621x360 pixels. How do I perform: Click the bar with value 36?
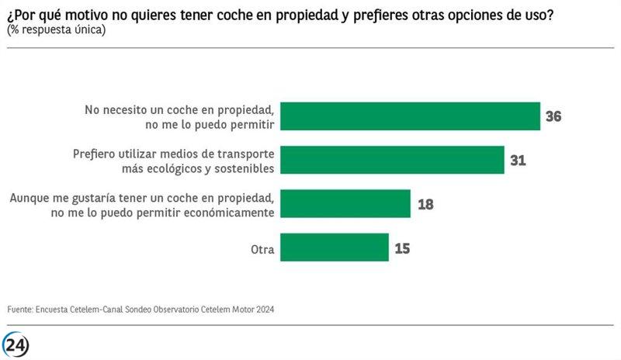tap(409, 116)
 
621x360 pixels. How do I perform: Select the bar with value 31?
tap(391, 160)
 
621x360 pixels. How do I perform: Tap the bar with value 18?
tap(345, 204)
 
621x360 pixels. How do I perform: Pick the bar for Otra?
tap(334, 248)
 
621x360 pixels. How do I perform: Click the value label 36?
tap(553, 117)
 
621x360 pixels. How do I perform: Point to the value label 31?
tap(519, 161)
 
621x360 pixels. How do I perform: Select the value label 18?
tap(425, 205)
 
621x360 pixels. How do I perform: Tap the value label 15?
tap(402, 249)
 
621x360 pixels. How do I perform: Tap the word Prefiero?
tap(97, 154)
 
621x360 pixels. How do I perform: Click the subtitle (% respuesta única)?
tap(56, 29)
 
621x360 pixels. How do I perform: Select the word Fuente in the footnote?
tap(19, 310)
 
